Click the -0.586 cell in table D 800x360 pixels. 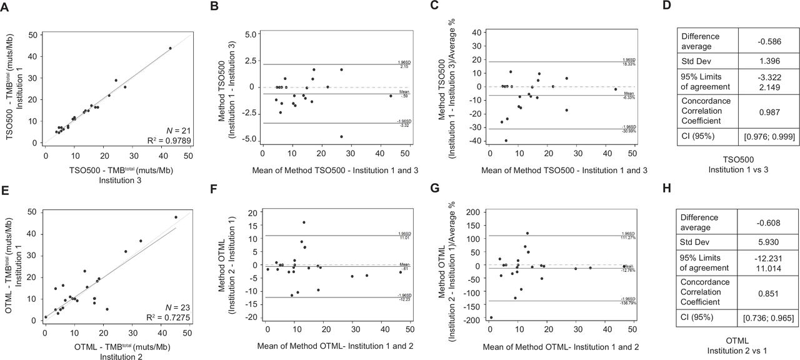pyautogui.click(x=766, y=42)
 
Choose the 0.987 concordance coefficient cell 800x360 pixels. pyautogui.click(x=766, y=110)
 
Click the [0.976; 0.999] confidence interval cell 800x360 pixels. pyautogui.click(x=766, y=137)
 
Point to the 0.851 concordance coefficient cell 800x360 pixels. pyautogui.click(x=766, y=291)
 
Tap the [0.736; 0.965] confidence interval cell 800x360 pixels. pyautogui.click(x=766, y=318)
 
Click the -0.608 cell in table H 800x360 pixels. pyautogui.click(x=766, y=222)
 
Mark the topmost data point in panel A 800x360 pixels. pyautogui.click(x=170, y=48)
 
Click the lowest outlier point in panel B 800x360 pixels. pyautogui.click(x=341, y=136)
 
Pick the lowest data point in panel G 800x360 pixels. pyautogui.click(x=491, y=317)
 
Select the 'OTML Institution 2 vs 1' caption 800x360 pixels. pyautogui.click(x=737, y=342)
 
